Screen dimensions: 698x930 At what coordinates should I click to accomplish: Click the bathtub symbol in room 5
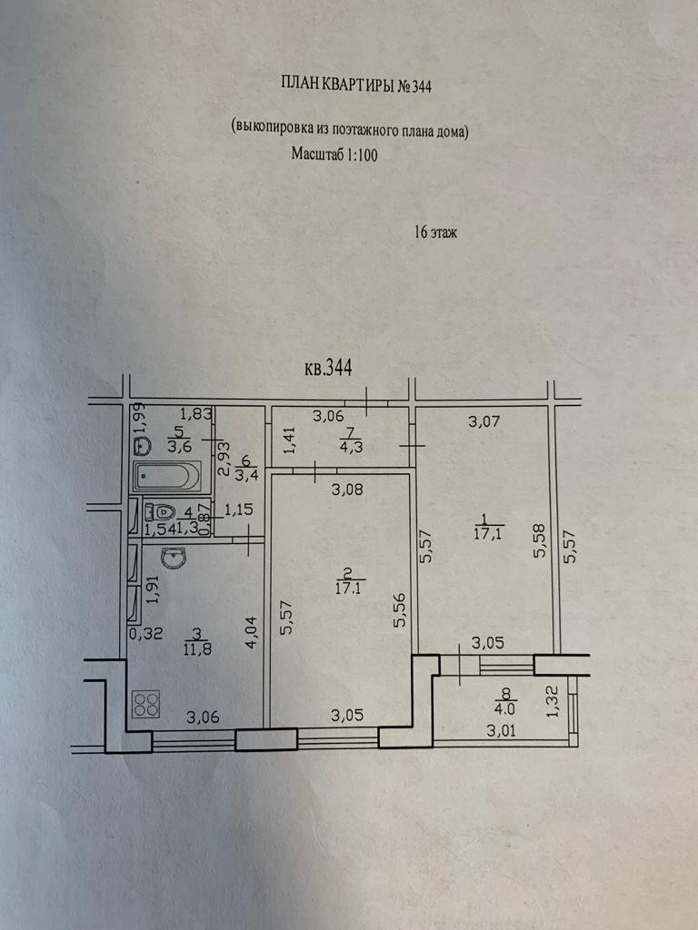click(166, 476)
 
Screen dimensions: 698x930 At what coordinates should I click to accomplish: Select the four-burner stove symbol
click(146, 705)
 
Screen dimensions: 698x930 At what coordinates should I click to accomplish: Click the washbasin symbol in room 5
click(141, 446)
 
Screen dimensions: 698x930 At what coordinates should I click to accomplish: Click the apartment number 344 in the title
click(420, 87)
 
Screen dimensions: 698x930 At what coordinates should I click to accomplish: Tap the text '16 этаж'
click(435, 232)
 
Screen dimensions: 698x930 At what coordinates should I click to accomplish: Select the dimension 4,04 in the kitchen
click(253, 633)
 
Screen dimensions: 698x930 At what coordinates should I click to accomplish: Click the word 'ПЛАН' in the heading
click(301, 85)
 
